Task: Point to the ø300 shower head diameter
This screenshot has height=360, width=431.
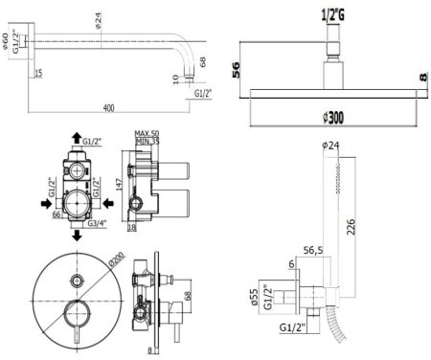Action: (x=330, y=118)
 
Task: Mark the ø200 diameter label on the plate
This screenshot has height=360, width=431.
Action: (x=115, y=259)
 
